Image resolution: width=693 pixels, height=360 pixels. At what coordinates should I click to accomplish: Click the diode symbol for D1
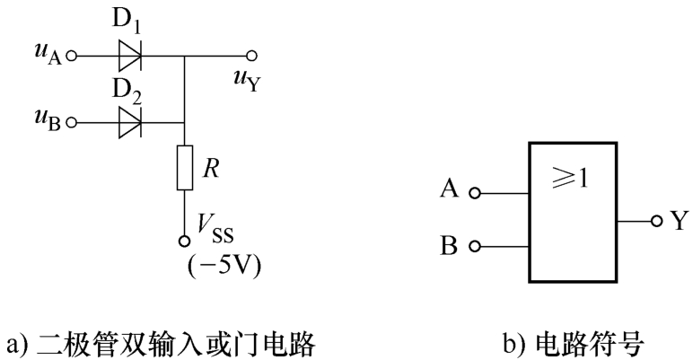tap(130, 56)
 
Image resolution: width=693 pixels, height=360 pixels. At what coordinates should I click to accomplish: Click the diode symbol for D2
tap(130, 122)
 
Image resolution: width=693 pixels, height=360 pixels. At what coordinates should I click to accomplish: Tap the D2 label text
tap(127, 91)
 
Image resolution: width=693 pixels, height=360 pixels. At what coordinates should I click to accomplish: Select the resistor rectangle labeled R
tap(185, 167)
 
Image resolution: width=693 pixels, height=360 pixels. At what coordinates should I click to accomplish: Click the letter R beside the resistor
tap(211, 169)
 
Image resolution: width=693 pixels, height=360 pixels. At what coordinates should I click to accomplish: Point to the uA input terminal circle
tap(71, 57)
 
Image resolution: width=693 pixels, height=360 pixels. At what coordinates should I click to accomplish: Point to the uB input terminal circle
tap(71, 122)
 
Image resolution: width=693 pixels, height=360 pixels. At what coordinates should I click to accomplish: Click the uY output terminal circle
tap(251, 56)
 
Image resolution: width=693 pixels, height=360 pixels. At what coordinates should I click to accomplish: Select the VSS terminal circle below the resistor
tap(184, 241)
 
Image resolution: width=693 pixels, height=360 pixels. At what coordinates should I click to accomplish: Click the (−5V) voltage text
tap(224, 266)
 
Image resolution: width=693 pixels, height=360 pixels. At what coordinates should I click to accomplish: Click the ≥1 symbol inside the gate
tap(571, 178)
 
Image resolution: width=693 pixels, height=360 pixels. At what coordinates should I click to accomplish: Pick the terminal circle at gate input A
tap(475, 193)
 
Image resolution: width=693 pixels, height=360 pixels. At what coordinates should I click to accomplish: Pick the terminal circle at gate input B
tap(475, 246)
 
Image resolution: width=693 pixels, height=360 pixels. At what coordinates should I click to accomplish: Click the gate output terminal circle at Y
tap(657, 221)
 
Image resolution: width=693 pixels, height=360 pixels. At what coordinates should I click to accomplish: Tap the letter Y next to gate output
tap(680, 220)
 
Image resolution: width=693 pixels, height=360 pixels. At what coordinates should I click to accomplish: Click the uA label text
tap(48, 54)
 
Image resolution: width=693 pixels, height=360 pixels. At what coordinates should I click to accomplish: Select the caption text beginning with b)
tap(574, 344)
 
